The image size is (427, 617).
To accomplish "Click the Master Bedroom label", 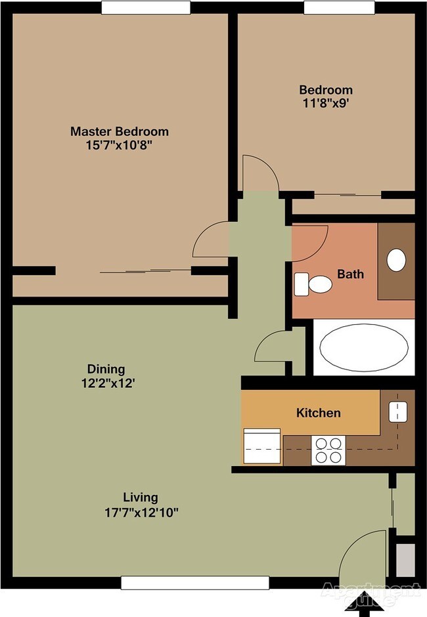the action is pos(120,131).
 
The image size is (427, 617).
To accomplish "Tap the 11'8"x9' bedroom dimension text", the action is pos(326,103).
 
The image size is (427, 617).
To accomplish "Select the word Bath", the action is pos(351,274).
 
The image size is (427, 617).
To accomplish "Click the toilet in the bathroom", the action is pos(313,284).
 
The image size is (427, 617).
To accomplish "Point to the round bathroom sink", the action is pos(396,260).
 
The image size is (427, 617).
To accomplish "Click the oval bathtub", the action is pos(364,348).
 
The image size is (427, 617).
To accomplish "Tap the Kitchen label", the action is pos(319,413).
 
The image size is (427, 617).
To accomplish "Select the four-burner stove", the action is pos(328,450).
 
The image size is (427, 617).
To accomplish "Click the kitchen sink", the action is pos(398,412).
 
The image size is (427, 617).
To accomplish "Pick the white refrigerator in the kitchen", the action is pos(262,446).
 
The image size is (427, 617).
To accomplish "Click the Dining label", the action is pos(106,369).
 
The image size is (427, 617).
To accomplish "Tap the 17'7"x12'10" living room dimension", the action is pos(141,513).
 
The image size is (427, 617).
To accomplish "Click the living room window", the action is pos(195,583).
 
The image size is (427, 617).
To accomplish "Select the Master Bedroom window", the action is pos(146,7).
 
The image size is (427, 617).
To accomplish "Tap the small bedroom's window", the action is pos(339,7).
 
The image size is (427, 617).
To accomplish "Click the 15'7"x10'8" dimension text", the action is pos(119,145).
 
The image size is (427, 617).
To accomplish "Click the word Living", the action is pos(141,498).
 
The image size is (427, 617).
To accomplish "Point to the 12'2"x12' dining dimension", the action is pos(108,383).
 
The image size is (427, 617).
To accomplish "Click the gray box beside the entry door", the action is pos(405,561).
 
